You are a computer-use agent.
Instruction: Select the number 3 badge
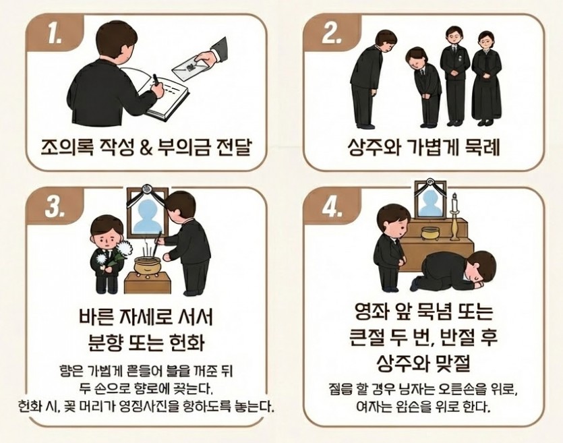51,207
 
